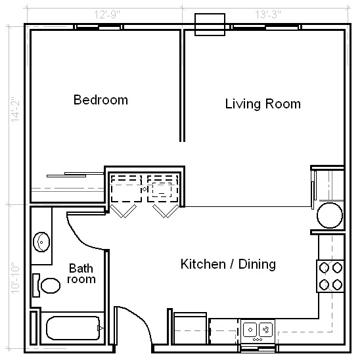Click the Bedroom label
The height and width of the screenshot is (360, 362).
tap(101, 101)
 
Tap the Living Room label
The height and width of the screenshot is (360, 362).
tap(263, 104)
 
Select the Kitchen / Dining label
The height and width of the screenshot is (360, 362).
tap(228, 265)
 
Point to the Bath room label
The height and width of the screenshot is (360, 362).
tap(82, 273)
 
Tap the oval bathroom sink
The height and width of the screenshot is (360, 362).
tap(43, 242)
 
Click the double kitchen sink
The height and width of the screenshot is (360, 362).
tap(258, 328)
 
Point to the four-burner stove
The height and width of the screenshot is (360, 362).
tap(331, 276)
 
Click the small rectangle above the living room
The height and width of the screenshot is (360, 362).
tap(210, 24)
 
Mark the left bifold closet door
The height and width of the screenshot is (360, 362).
tap(124, 210)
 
